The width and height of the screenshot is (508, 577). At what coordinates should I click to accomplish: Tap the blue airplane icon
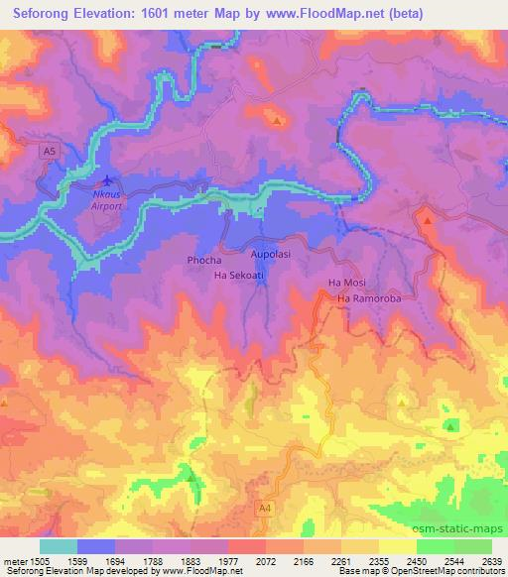tap(108, 181)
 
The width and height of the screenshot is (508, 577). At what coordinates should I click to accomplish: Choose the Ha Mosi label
tap(346, 283)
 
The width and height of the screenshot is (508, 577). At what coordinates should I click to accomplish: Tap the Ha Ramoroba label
tap(369, 297)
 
